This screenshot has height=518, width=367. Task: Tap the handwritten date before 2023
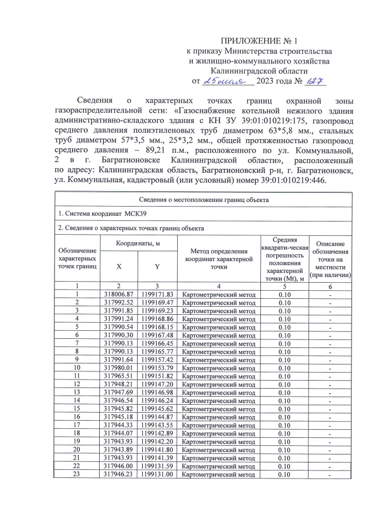point(228,81)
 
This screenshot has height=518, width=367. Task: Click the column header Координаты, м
point(138,244)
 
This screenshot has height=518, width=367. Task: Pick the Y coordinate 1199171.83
point(157,294)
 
